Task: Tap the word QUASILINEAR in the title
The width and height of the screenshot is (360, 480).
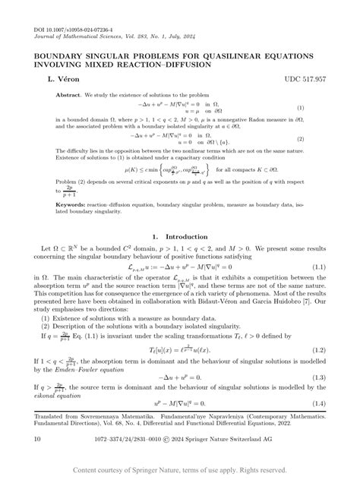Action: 242,56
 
